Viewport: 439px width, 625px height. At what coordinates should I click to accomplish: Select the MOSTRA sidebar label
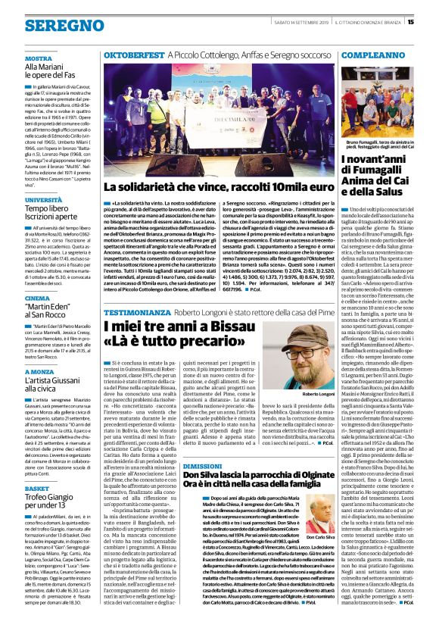38,58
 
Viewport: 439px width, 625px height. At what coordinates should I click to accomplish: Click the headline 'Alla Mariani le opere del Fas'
49,72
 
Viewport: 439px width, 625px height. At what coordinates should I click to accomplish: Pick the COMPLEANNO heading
361,56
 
